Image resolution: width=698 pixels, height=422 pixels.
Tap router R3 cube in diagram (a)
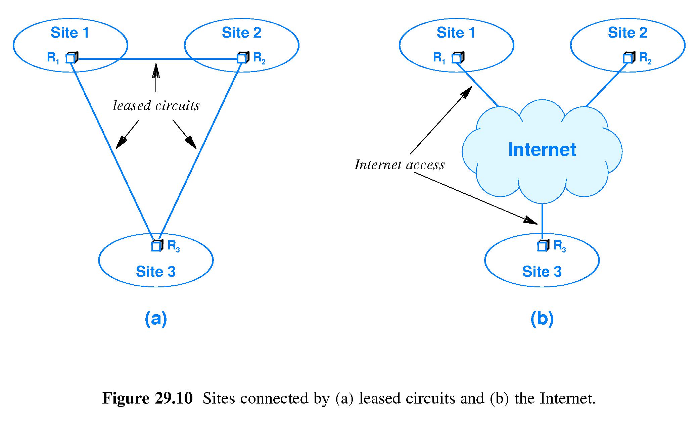tap(157, 246)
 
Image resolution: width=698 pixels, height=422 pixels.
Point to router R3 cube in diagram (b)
tap(543, 246)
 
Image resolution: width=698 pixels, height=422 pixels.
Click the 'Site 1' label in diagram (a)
tap(70, 33)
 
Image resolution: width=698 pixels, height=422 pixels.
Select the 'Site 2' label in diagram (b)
tap(627, 33)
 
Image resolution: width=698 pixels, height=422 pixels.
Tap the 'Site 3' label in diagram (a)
tap(155, 272)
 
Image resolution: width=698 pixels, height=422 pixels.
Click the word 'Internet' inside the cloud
tap(542, 150)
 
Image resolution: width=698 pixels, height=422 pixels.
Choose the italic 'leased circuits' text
tap(156, 106)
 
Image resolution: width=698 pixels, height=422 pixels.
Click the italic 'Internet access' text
tap(400, 165)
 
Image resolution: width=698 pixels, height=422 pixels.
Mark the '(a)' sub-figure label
tap(156, 318)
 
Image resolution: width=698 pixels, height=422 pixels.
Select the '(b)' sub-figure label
tap(542, 318)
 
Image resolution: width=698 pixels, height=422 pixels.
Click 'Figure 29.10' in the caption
tap(147, 398)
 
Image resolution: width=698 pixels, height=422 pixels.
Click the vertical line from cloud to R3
tap(543, 222)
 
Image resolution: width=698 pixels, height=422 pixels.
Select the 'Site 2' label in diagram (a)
tap(241, 33)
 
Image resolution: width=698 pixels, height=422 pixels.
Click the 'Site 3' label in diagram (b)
tap(542, 272)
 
